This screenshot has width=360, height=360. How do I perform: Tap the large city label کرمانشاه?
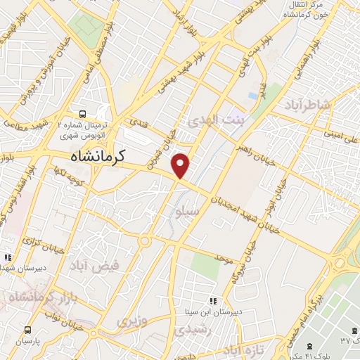(98, 156)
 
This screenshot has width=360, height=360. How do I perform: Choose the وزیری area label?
(133, 321)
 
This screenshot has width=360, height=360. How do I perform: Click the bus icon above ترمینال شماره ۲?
(83, 113)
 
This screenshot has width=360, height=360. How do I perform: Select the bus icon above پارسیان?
(27, 329)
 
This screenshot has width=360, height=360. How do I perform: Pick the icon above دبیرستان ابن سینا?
(213, 300)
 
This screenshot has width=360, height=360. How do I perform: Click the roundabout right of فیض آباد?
(146, 240)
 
